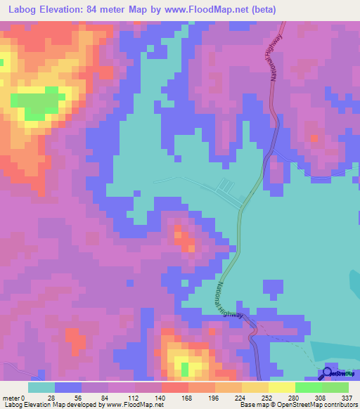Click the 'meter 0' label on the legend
click(x=14, y=397)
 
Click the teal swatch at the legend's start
click(x=41, y=387)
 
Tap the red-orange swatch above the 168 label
click(x=174, y=387)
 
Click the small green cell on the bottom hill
click(x=185, y=368)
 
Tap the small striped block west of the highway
click(x=225, y=186)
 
